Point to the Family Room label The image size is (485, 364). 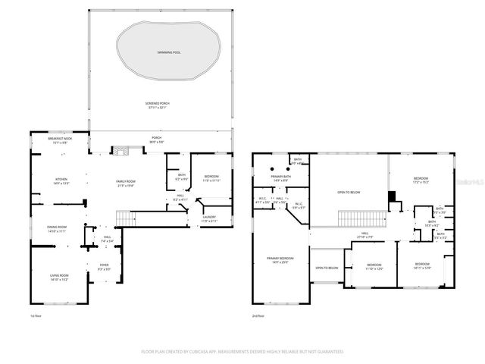pyautogui.click(x=125, y=183)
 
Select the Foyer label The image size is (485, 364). pyautogui.click(x=103, y=267)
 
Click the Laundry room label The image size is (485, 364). pyautogui.click(x=209, y=218)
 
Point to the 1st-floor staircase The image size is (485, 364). pyautogui.click(x=124, y=219)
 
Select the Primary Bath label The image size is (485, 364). pyautogui.click(x=280, y=178)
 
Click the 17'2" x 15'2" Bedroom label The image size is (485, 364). pyautogui.click(x=421, y=180)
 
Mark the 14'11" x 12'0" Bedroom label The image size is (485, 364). pyautogui.click(x=422, y=266)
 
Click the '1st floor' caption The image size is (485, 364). pyautogui.click(x=35, y=315)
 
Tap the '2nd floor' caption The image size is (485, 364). pyautogui.click(x=258, y=315)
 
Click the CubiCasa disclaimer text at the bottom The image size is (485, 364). pyautogui.click(x=242, y=352)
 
